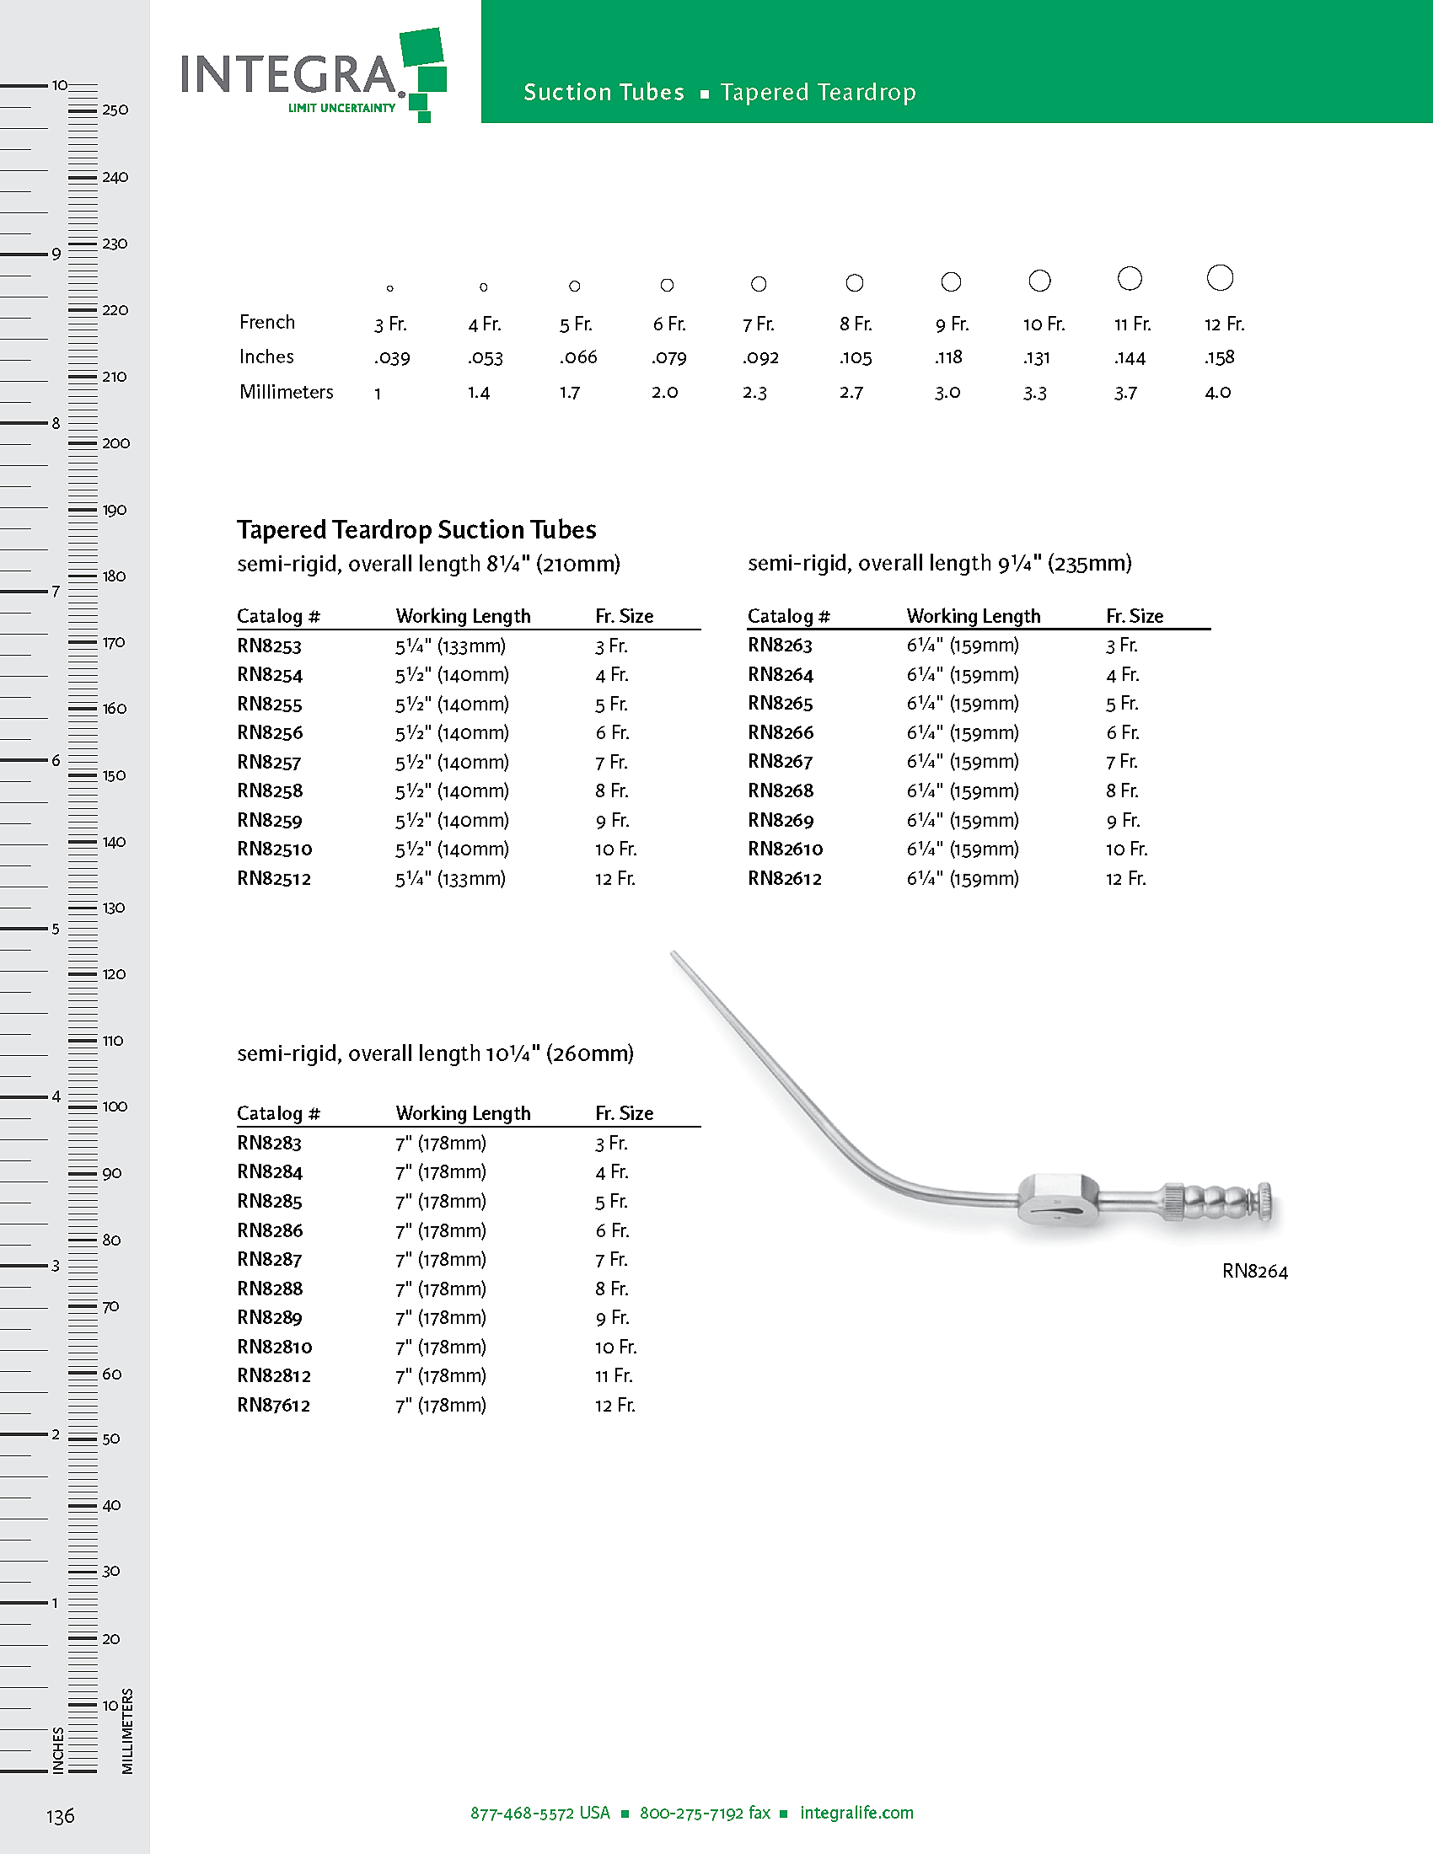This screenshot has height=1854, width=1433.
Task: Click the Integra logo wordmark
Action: coord(288,75)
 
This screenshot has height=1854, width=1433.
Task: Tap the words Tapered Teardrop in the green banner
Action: coord(818,92)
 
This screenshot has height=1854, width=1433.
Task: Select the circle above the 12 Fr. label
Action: coord(1219,277)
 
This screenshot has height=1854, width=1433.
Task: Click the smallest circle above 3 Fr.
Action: coord(389,288)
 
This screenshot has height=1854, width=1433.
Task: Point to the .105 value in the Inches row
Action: coord(856,357)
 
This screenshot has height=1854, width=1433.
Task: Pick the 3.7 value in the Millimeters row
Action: coord(1124,392)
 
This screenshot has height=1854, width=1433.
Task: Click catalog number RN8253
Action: coord(269,646)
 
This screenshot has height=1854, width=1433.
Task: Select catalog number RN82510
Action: coord(274,849)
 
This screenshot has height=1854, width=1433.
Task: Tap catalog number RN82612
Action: coord(785,879)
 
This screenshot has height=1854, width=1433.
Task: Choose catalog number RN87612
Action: coord(273,1405)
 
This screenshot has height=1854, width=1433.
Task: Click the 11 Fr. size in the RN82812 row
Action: coord(613,1375)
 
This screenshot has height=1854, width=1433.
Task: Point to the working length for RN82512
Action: coord(450,879)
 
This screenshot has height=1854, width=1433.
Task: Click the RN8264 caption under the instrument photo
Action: coord(1255,1271)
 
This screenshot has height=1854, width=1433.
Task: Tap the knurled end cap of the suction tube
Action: coord(1264,1202)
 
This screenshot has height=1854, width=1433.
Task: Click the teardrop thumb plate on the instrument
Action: coord(1059,1198)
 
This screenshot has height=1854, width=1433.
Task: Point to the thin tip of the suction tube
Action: coord(675,956)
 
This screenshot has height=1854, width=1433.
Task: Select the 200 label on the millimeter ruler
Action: coord(115,443)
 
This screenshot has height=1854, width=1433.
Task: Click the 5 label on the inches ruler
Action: coord(56,929)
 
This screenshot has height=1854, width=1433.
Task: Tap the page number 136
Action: coord(61,1816)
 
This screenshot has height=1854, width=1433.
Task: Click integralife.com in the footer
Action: coord(856,1813)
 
